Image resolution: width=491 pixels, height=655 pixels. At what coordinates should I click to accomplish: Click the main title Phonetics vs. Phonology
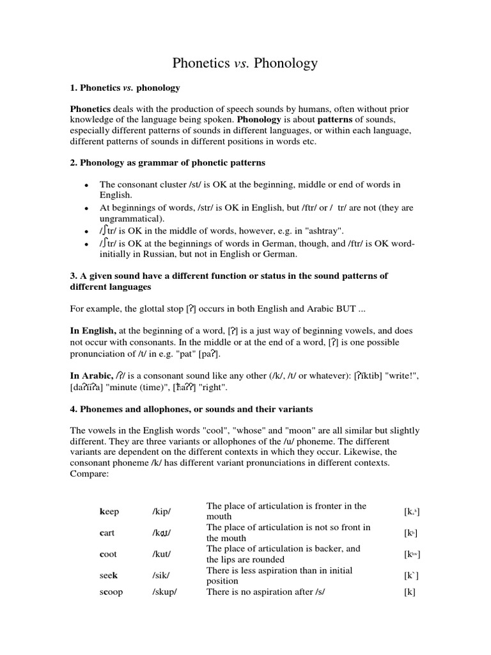(x=245, y=63)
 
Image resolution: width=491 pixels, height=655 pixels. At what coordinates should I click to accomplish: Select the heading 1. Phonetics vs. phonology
(x=125, y=87)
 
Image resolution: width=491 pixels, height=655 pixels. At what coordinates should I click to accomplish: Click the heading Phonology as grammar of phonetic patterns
(x=167, y=162)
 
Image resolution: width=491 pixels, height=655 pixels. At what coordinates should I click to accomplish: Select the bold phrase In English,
(x=93, y=331)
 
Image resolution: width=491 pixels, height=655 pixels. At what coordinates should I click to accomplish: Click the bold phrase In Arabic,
(x=91, y=376)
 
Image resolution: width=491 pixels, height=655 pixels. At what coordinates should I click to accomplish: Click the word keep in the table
(x=109, y=512)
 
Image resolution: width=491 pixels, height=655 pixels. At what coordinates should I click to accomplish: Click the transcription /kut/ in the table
(x=162, y=554)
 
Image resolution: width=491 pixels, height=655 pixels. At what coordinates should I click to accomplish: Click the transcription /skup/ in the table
(x=164, y=592)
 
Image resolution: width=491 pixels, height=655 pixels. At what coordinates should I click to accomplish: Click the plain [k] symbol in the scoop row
(x=410, y=592)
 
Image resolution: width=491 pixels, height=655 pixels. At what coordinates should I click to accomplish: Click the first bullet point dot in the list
(x=86, y=185)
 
